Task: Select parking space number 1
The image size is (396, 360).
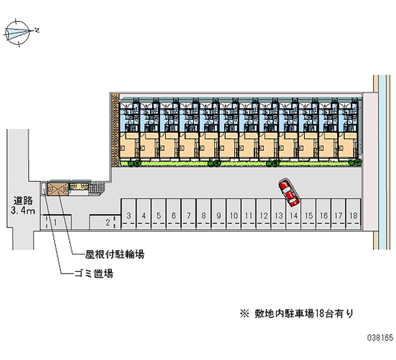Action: pos(55,222)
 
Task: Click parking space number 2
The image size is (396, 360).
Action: pos(108,222)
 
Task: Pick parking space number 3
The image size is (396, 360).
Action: pos(129,215)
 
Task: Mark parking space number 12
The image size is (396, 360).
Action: pos(264,215)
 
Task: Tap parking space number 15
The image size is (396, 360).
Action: pos(308,215)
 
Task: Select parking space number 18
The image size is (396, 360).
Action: pos(353,215)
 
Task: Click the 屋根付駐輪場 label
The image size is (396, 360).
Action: pos(115,255)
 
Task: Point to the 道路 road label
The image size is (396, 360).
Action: pos(23,201)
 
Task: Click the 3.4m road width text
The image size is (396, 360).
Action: pos(23,211)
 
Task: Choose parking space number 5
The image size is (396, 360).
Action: pos(159,215)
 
